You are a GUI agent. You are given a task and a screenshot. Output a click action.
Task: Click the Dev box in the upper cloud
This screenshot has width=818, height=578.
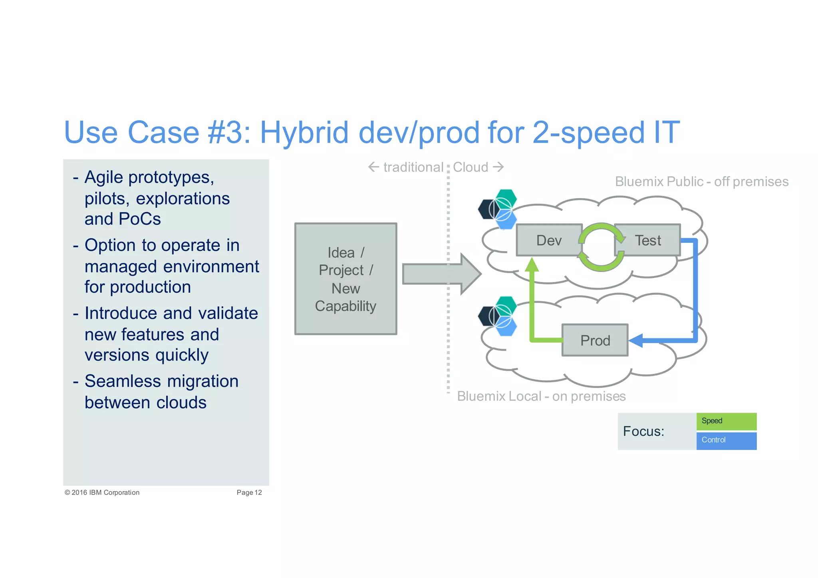click(x=549, y=240)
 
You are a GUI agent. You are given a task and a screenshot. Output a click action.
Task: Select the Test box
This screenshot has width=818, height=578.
click(x=648, y=240)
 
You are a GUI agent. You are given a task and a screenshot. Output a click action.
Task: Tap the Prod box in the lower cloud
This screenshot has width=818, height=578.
click(x=595, y=340)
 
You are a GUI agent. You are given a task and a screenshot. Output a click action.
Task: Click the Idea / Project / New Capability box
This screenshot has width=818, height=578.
click(x=345, y=279)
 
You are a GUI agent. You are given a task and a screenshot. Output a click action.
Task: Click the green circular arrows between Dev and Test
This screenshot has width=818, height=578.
click(x=601, y=247)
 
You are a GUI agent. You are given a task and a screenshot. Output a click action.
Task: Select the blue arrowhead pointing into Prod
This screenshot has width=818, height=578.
click(x=636, y=340)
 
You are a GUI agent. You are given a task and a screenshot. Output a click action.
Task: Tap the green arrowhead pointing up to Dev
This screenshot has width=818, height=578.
click(x=532, y=265)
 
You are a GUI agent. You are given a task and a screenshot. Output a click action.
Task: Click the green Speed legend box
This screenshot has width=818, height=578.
click(x=726, y=421)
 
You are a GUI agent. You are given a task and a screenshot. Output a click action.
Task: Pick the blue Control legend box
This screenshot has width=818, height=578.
click(x=726, y=440)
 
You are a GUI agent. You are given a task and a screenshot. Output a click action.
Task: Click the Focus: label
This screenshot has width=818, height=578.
click(x=643, y=431)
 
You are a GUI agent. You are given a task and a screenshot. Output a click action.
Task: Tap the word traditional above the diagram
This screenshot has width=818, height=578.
click(x=413, y=167)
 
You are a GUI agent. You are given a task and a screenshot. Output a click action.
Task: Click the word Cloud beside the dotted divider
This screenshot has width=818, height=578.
click(x=471, y=167)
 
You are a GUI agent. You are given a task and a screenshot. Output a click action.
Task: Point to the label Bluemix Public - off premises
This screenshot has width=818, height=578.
click(x=701, y=181)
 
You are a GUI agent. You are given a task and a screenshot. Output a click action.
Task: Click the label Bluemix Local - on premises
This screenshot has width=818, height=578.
click(x=541, y=396)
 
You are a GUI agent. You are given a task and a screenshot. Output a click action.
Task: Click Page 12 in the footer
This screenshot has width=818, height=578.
click(x=249, y=493)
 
